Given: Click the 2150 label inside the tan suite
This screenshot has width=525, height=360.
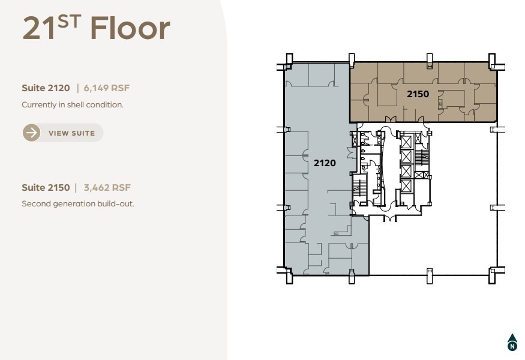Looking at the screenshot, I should tap(418, 94).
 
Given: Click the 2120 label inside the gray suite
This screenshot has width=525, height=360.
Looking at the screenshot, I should tap(325, 163).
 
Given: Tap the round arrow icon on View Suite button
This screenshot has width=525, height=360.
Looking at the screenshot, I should tap(32, 133).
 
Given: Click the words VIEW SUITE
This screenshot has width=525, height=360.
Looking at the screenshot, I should tap(71, 133).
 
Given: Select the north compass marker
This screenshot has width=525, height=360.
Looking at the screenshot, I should tap(512, 342).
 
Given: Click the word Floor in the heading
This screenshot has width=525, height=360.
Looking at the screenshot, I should tap(130, 28).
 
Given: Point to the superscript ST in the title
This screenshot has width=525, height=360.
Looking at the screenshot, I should tap(71, 21).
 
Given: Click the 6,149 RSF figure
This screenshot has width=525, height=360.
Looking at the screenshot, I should tap(107, 88).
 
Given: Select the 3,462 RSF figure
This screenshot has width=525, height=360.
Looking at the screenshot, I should tap(107, 188).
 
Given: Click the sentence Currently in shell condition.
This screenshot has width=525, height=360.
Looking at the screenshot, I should tap(73, 104).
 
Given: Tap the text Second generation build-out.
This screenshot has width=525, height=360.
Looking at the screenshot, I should tap(78, 203).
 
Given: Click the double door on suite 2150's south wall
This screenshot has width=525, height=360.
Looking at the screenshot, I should tap(391, 119).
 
